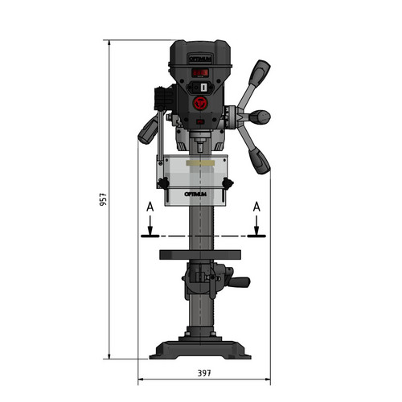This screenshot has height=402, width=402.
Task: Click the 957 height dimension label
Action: click(x=103, y=199)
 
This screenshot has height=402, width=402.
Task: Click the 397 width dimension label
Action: click(x=204, y=373)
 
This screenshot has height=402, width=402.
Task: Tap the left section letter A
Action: click(x=150, y=207)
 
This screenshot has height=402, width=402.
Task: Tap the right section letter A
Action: click(x=256, y=207)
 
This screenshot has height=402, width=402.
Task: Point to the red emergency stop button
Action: click(x=200, y=103)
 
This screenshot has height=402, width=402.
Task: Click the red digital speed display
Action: click(x=200, y=72)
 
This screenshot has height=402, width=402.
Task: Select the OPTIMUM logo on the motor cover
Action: click(x=200, y=59)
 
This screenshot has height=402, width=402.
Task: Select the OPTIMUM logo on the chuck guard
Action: click(x=195, y=194)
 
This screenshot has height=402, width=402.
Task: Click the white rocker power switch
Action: click(x=203, y=88)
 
